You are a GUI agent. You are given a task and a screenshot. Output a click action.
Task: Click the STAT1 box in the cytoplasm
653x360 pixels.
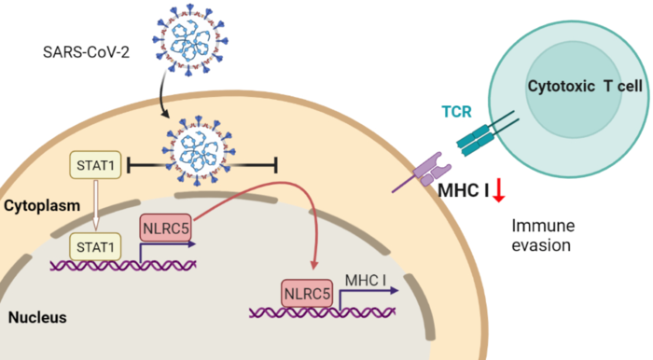(x=97, y=168)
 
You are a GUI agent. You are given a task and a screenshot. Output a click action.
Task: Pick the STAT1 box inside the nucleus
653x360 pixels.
(x=97, y=245)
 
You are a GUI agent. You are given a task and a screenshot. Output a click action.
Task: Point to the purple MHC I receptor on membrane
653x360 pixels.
(x=426, y=170)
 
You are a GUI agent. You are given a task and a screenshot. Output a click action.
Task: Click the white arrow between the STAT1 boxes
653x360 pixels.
(x=97, y=207)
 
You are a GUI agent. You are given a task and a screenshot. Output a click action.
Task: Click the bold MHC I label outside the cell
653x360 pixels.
(x=464, y=192)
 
